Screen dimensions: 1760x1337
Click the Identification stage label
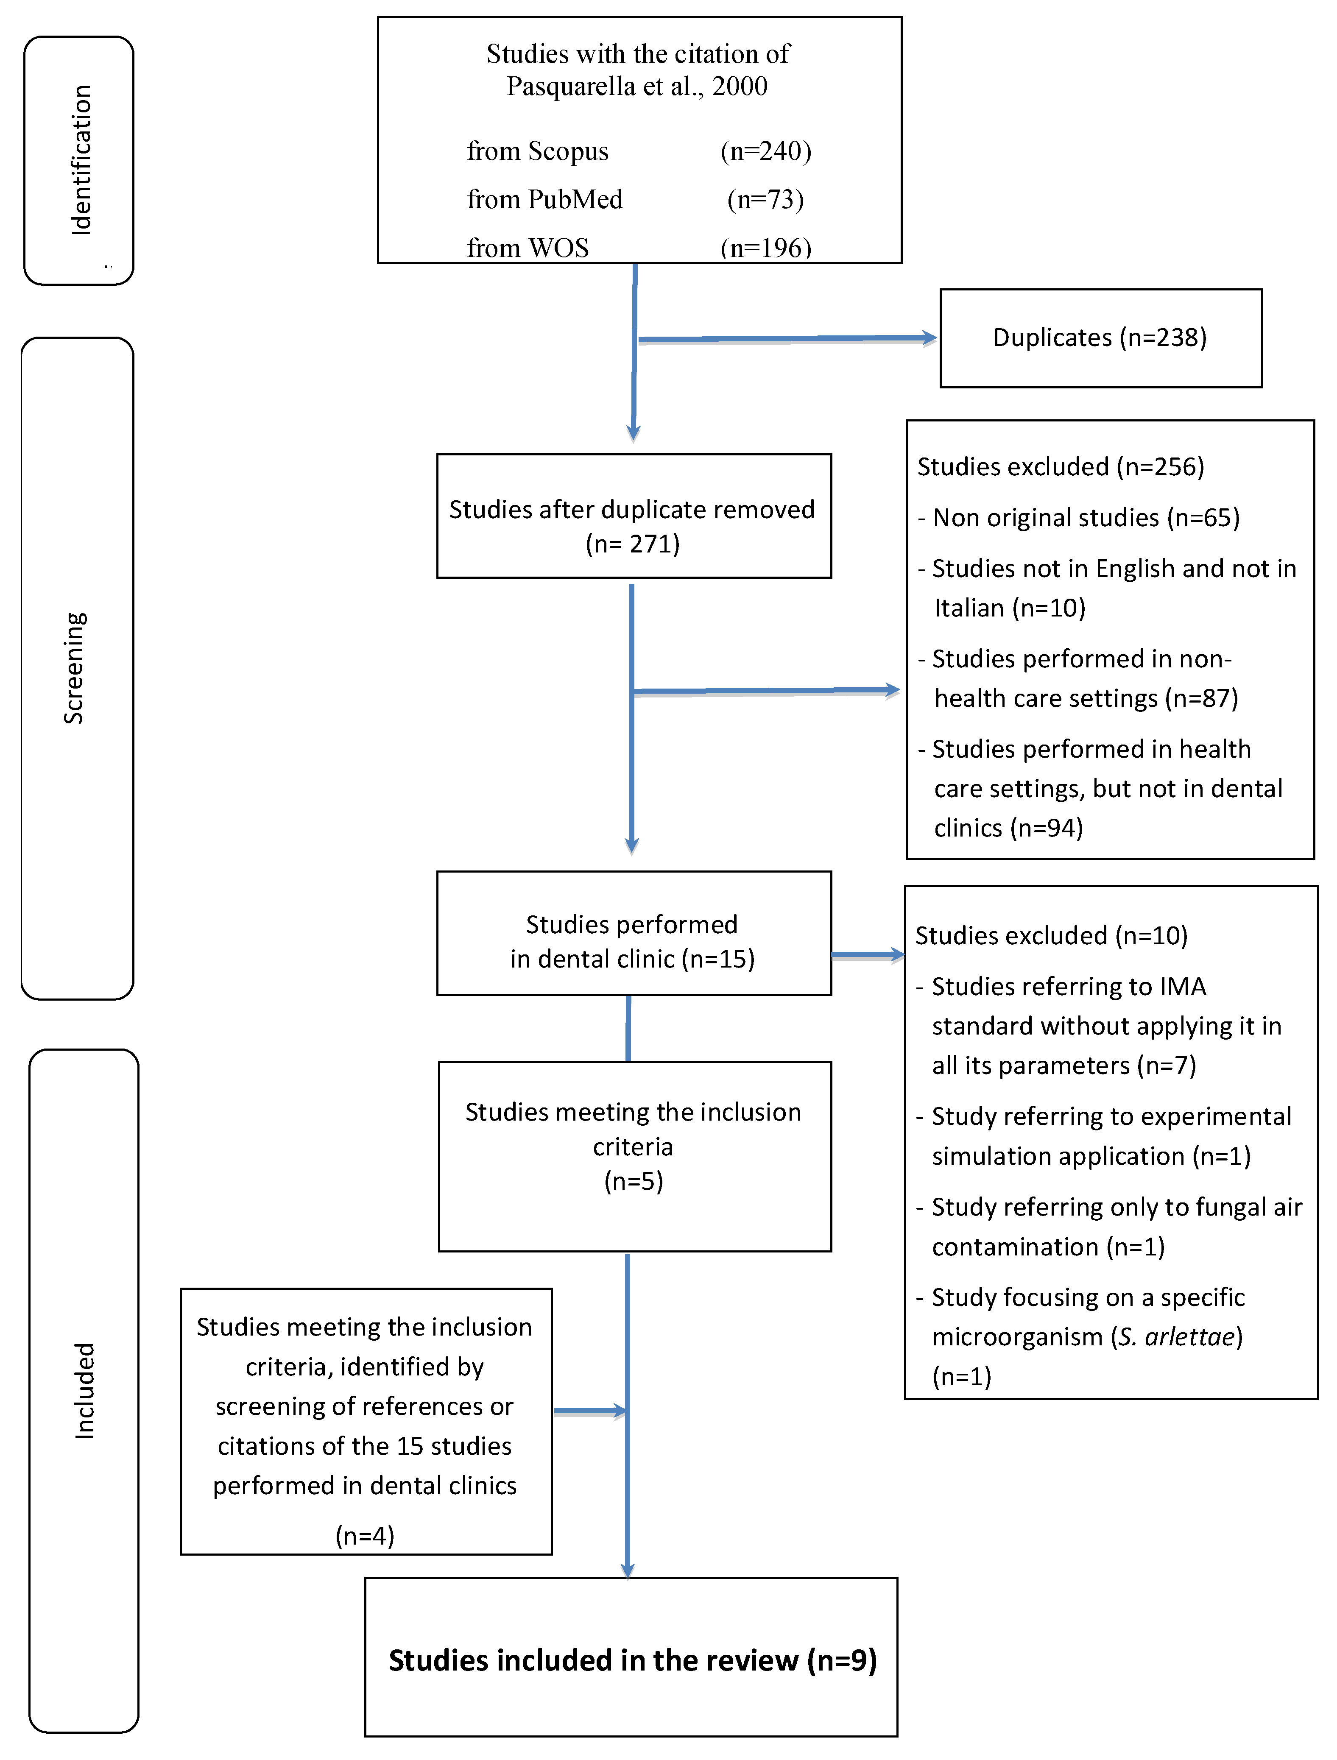tap(81, 160)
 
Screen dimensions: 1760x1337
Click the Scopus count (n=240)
tap(765, 151)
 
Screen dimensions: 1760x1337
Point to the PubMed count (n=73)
tap(765, 200)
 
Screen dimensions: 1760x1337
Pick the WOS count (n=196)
tap(765, 248)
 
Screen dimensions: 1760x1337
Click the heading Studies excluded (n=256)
tap(1060, 467)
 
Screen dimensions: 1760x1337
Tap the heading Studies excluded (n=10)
tap(1050, 936)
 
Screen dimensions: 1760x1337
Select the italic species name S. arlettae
tap(1176, 1338)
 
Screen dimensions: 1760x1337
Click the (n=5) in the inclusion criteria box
tap(634, 1182)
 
